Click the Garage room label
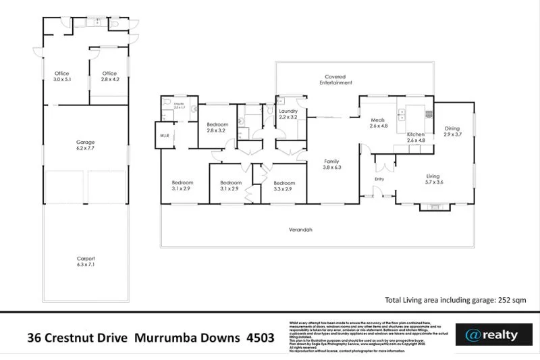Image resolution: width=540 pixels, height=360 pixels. tap(85, 145)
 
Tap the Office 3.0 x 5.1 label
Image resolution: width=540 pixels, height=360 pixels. tap(62, 76)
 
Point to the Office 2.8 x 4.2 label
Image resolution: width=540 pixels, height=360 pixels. tap(109, 76)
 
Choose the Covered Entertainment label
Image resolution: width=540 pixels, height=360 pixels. tap(335, 80)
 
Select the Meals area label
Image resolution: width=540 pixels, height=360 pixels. tap(378, 123)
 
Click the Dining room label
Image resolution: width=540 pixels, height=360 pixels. tap(452, 131)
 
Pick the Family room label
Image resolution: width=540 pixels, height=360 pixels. tap(332, 165)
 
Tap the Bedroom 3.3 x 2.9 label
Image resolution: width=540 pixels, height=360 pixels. tap(284, 186)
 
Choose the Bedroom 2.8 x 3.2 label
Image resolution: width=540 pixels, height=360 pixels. tap(217, 128)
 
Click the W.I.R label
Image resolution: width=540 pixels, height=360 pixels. tap(164, 136)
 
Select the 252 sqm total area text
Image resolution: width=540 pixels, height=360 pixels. tap(514, 300)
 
